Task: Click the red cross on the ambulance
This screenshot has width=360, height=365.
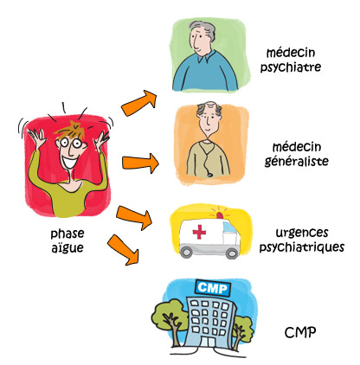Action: (x=199, y=232)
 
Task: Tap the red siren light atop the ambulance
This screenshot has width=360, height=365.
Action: (x=220, y=215)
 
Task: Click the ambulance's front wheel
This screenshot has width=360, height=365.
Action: (x=232, y=253)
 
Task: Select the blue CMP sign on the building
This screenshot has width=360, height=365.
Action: (x=213, y=288)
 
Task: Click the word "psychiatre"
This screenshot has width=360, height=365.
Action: (x=291, y=67)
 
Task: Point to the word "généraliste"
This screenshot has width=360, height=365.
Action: (x=297, y=161)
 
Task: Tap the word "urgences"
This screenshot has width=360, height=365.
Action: (x=302, y=233)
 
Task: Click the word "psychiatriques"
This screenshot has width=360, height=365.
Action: (x=302, y=247)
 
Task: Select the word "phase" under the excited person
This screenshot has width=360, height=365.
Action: (x=67, y=234)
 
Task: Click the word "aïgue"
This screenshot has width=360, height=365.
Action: (x=67, y=248)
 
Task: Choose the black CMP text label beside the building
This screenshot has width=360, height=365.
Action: (x=300, y=332)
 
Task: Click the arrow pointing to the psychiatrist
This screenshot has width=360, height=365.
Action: (x=139, y=103)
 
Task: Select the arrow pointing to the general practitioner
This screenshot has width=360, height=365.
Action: (x=140, y=163)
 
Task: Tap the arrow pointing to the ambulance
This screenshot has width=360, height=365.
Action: (x=134, y=218)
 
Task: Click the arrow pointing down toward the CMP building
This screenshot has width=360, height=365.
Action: (x=124, y=250)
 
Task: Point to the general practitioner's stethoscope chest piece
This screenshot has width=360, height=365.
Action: (x=210, y=175)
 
